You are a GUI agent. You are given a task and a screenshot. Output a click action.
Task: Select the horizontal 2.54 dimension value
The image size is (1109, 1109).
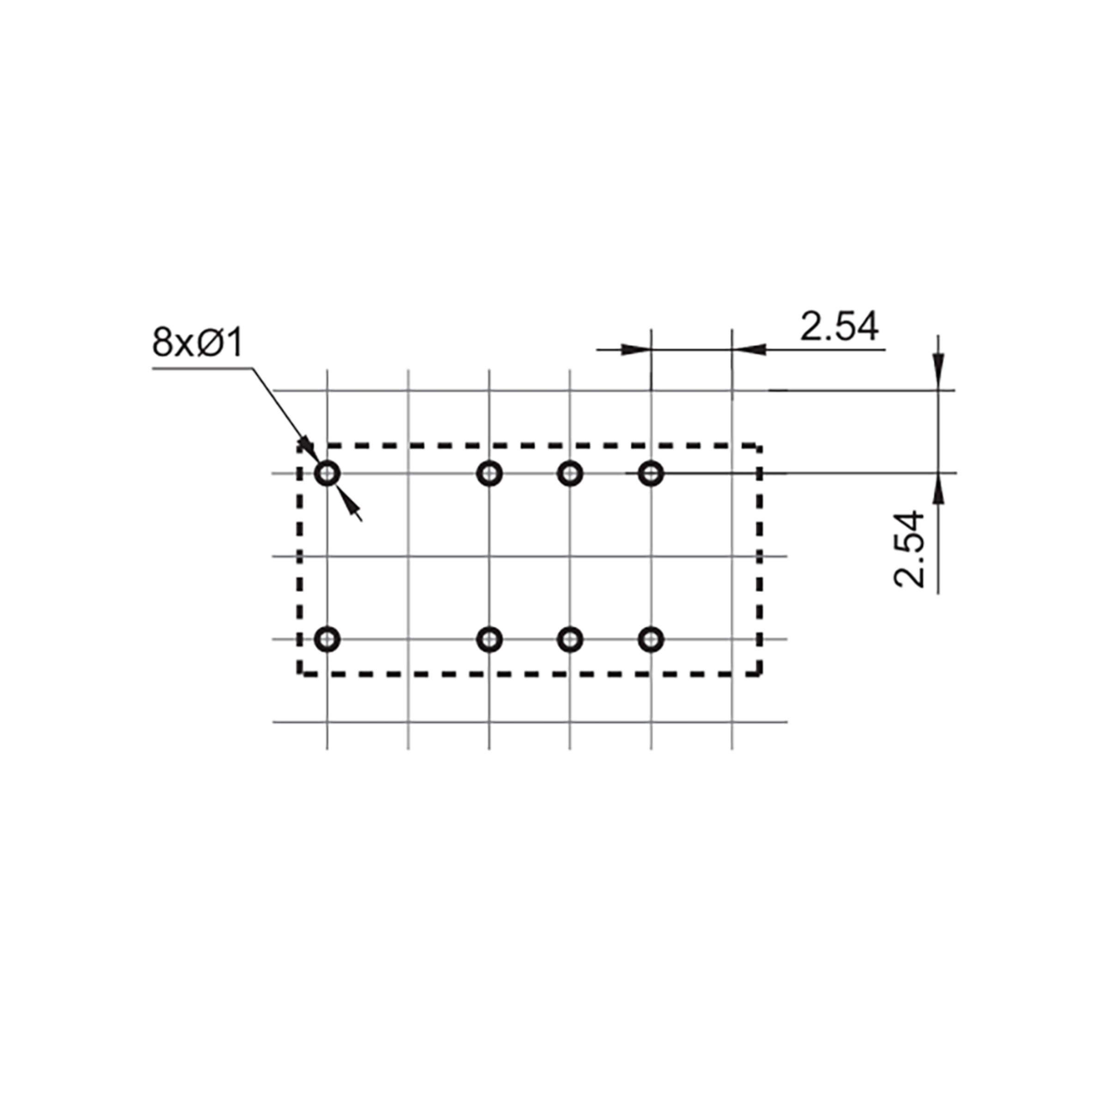tap(839, 327)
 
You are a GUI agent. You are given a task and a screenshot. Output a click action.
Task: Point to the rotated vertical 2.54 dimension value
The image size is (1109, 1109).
tap(910, 549)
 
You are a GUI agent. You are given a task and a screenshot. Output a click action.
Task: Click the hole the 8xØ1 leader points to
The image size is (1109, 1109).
tap(328, 474)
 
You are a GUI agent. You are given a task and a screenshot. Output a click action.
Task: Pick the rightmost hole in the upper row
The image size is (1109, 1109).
tap(651, 474)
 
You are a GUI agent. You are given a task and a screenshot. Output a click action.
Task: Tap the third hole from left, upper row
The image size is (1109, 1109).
tap(570, 474)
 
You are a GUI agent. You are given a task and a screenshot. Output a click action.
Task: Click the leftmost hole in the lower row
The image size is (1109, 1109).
tap(328, 639)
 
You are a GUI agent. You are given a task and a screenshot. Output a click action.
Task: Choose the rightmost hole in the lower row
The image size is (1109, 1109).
tap(651, 639)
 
